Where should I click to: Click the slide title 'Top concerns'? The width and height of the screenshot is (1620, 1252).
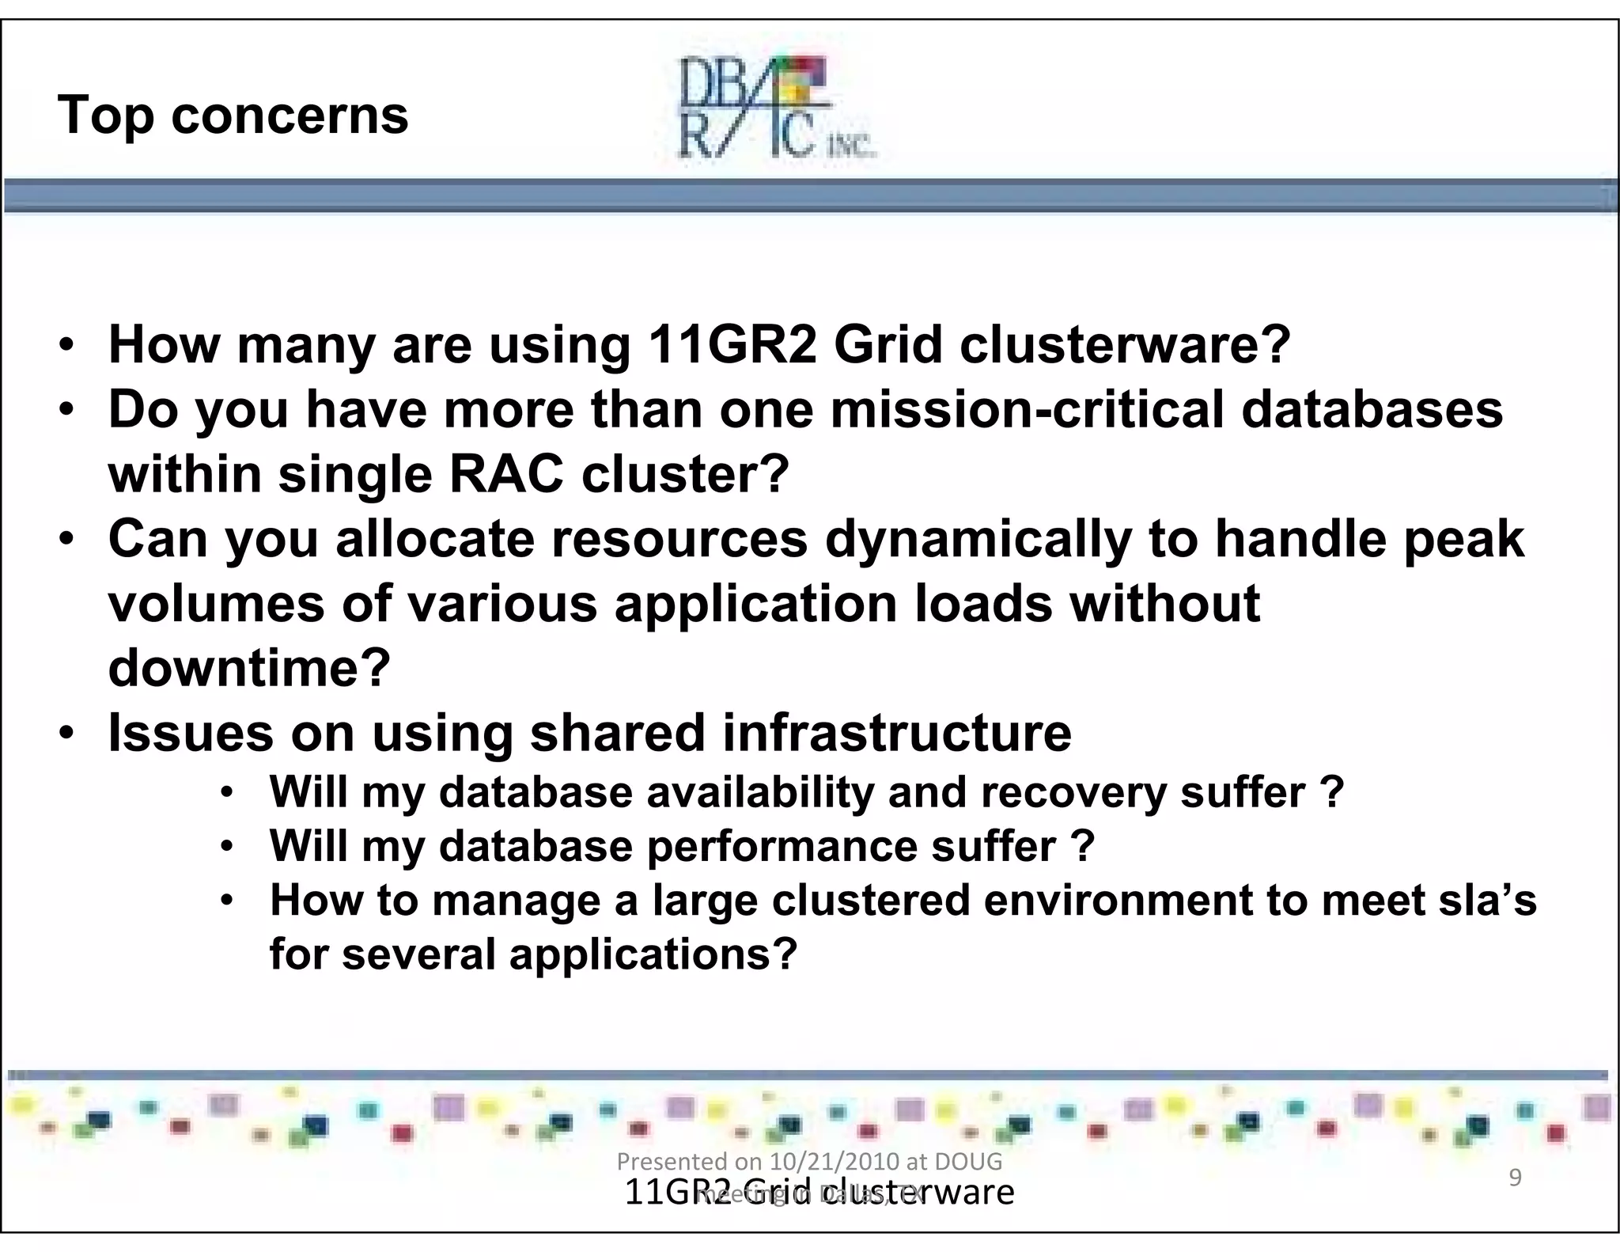233,116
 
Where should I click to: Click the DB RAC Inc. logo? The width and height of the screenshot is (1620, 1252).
775,108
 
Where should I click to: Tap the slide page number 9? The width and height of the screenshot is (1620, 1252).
1515,1178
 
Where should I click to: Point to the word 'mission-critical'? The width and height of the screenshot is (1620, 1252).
1027,410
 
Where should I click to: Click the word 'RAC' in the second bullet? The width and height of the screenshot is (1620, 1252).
506,475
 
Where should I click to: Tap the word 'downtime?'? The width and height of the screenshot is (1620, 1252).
249,669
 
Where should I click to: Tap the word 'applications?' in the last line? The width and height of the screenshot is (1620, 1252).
653,954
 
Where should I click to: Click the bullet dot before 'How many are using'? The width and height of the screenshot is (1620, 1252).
67,347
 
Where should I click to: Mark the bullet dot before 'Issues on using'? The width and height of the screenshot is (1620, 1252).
67,733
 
